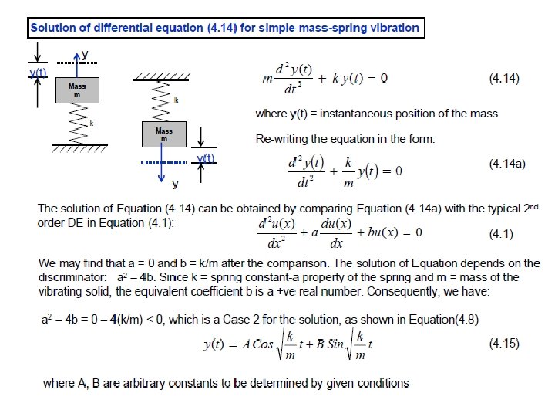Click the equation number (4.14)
(x=505, y=78)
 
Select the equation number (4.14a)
(x=507, y=164)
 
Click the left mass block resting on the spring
(x=77, y=90)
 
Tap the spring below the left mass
(x=78, y=123)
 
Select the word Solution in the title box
(x=53, y=29)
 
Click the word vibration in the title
(x=393, y=29)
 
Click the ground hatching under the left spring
(x=78, y=146)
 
